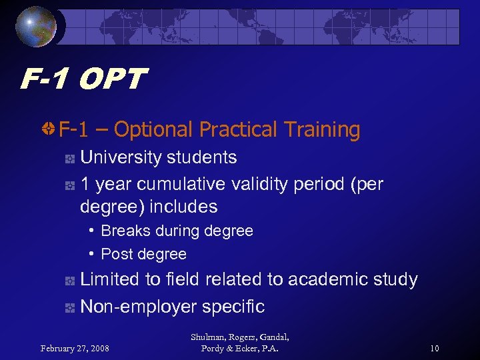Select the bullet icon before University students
pos(69,159)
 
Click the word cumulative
pos(179,184)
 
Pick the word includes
pos(183,207)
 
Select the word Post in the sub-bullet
pos(114,254)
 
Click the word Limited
pos(109,279)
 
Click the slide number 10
pos(434,348)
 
